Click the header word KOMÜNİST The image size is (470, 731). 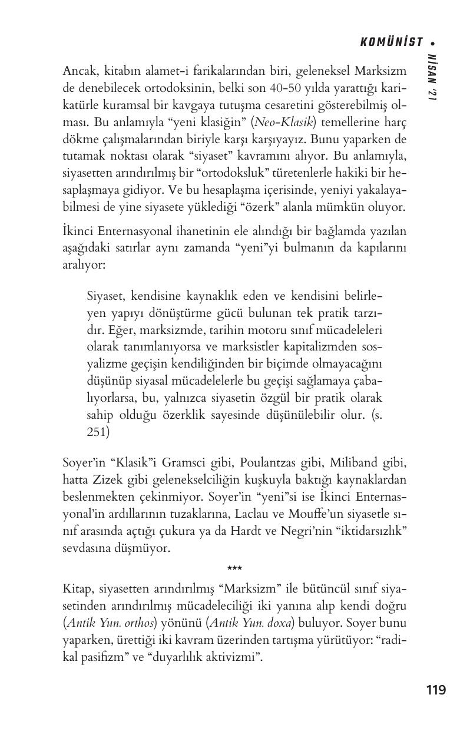pyautogui.click(x=391, y=42)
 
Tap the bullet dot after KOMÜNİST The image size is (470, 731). pyautogui.click(x=433, y=43)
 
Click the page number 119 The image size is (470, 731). pyautogui.click(x=436, y=690)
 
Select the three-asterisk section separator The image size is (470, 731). pyautogui.click(x=234, y=569)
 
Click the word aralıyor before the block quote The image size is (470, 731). pyautogui.click(x=83, y=265)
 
